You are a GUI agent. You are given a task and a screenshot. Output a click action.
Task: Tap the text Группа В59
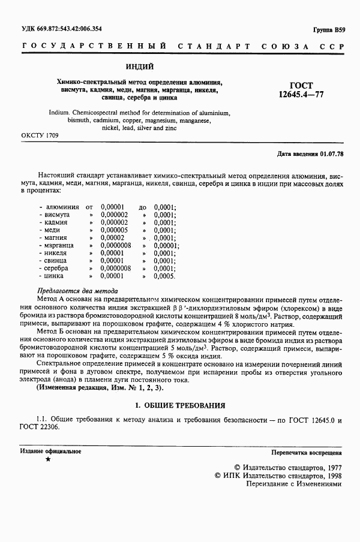pyautogui.click(x=329, y=29)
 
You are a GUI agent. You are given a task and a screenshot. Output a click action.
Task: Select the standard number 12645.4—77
pyautogui.click(x=301, y=94)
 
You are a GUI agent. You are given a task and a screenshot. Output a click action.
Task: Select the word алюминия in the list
pyautogui.click(x=61, y=207)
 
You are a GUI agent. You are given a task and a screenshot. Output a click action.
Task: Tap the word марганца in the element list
pyautogui.click(x=58, y=245)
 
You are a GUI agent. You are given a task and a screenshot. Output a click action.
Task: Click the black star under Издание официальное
pyautogui.click(x=48, y=459)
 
